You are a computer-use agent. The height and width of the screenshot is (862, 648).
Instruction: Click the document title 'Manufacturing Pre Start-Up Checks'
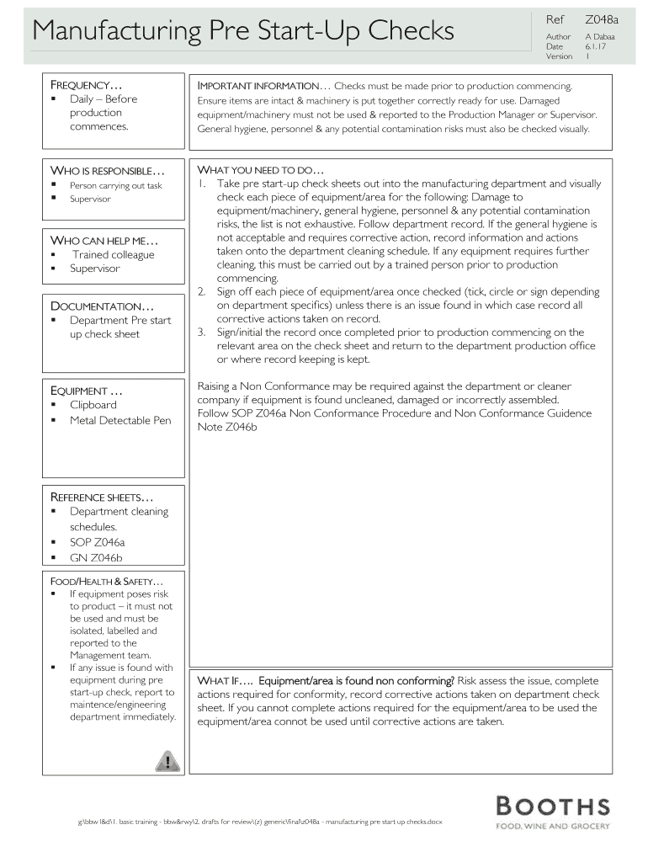click(x=242, y=31)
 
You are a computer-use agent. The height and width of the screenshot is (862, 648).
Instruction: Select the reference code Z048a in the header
click(x=597, y=19)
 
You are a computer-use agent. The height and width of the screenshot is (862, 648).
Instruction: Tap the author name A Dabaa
click(x=599, y=37)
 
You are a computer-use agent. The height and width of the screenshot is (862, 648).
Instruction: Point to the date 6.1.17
click(x=597, y=47)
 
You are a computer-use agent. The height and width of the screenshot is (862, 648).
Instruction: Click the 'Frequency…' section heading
click(x=87, y=86)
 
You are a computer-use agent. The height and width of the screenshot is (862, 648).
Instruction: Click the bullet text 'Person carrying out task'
click(x=115, y=186)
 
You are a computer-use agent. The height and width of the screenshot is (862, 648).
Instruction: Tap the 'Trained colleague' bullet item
click(x=113, y=255)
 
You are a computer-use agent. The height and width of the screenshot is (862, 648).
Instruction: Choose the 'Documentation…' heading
click(x=103, y=306)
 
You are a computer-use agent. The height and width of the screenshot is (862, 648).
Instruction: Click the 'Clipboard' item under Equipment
click(x=93, y=405)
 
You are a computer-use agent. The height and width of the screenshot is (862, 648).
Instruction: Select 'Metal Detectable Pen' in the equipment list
click(x=120, y=420)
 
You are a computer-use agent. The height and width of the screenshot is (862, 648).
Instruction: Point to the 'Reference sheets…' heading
click(x=103, y=498)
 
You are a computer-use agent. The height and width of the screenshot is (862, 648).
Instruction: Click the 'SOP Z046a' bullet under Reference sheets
click(x=97, y=543)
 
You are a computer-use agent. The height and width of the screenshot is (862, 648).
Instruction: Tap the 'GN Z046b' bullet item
click(x=96, y=558)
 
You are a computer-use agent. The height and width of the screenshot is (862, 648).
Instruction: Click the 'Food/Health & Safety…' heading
click(x=107, y=582)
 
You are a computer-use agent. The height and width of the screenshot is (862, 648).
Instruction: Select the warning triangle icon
click(x=167, y=762)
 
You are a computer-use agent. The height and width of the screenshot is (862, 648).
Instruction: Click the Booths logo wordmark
click(x=552, y=806)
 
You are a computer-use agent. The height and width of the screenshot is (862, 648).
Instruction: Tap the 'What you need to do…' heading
click(x=260, y=169)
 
